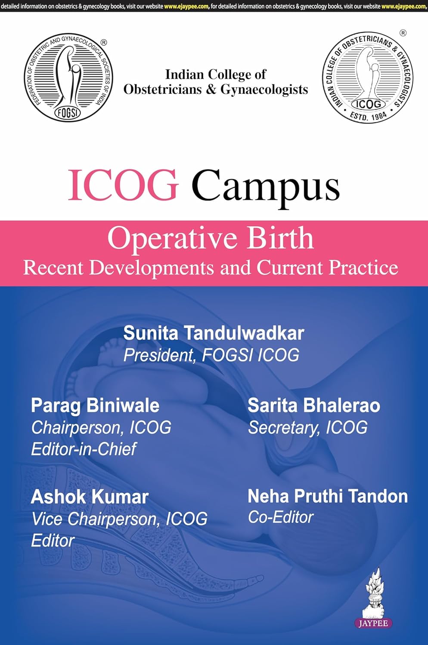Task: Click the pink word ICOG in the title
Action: (123, 185)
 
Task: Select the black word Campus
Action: (265, 186)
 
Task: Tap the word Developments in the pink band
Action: (152, 267)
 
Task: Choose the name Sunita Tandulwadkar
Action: (214, 333)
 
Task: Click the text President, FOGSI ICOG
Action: (211, 355)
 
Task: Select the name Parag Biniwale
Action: (95, 405)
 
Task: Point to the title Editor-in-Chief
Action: (84, 449)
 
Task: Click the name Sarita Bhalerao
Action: (314, 405)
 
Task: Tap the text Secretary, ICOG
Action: (308, 427)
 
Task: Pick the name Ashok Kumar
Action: (90, 497)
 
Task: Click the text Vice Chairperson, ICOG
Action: (119, 519)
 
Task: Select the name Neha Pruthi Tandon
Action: (328, 496)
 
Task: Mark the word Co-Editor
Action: (281, 517)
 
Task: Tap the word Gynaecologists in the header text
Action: (264, 89)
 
